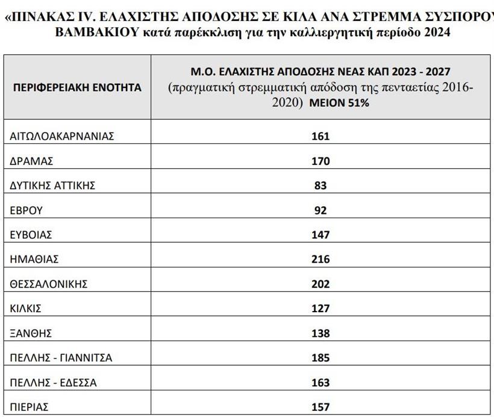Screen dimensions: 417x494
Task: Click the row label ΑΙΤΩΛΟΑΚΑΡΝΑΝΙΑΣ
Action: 62,136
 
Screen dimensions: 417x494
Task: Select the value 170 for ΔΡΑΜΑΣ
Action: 320,161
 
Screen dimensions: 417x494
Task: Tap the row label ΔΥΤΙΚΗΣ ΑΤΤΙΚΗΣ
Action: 52,186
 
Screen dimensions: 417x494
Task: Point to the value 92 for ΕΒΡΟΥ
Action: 320,210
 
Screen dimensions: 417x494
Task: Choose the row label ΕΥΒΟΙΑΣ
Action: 31,235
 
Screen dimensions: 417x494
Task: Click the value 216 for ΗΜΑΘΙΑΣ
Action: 320,259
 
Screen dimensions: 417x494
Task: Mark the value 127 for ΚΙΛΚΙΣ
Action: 320,309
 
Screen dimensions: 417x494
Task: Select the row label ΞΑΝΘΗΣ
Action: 31,333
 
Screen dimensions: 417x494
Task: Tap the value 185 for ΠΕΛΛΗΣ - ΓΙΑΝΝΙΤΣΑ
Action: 320,358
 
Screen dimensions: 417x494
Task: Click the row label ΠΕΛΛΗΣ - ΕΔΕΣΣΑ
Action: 54,383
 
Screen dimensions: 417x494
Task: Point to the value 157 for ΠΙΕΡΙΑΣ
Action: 320,407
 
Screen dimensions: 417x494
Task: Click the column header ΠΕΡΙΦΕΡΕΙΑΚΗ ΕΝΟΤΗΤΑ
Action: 77,87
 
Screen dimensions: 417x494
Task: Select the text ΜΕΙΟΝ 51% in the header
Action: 339,103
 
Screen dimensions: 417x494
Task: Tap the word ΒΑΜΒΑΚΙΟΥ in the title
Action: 91,32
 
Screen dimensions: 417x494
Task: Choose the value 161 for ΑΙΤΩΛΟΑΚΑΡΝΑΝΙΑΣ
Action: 320,136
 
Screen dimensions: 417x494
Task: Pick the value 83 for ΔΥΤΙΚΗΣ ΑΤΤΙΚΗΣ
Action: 320,186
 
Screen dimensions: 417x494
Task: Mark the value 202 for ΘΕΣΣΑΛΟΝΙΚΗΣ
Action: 320,284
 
